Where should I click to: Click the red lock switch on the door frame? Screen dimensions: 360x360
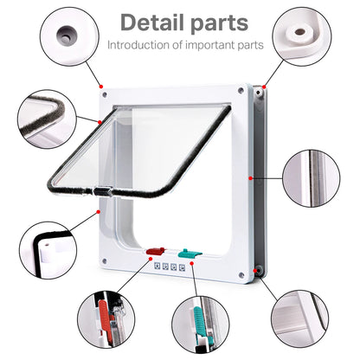tap(157, 252)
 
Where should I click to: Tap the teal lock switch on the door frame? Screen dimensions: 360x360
tap(190, 254)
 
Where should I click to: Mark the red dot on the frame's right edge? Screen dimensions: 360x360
tap(250, 177)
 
